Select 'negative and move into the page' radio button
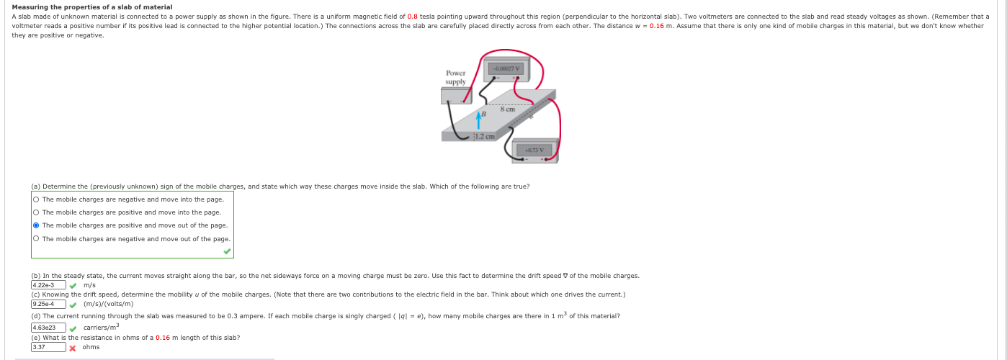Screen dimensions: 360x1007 point(35,199)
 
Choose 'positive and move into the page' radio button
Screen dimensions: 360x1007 point(35,212)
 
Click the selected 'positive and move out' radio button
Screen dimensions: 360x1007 point(35,225)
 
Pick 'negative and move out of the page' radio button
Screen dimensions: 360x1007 point(35,239)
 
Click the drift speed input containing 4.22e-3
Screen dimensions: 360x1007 point(48,285)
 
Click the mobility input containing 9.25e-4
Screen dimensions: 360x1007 point(48,304)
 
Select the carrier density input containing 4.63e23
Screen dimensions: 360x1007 point(48,328)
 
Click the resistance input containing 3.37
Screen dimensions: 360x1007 point(48,347)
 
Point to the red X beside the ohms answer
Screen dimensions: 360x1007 point(72,348)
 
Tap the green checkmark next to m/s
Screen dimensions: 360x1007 point(72,285)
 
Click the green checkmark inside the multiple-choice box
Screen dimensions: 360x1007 point(227,251)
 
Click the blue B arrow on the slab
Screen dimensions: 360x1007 point(479,117)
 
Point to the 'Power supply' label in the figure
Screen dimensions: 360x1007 point(455,77)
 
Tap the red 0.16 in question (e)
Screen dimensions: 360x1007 point(162,338)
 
